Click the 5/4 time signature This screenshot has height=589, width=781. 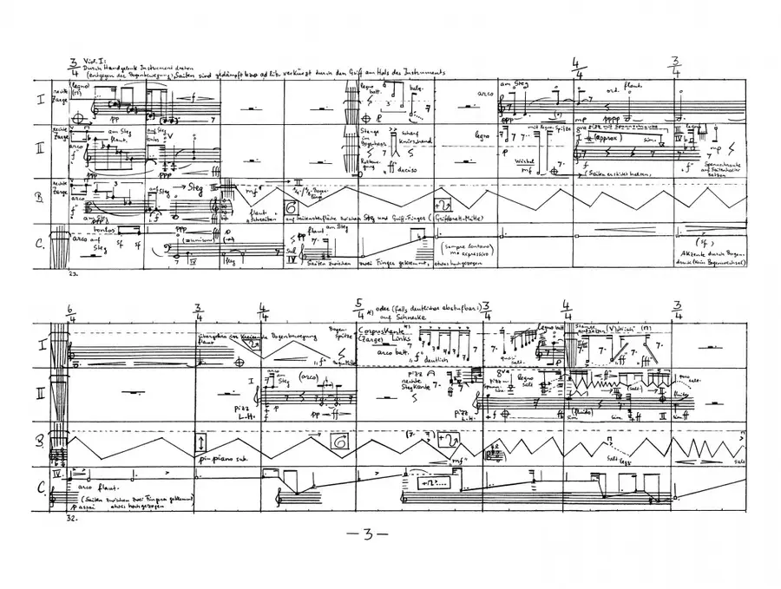[358, 308]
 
